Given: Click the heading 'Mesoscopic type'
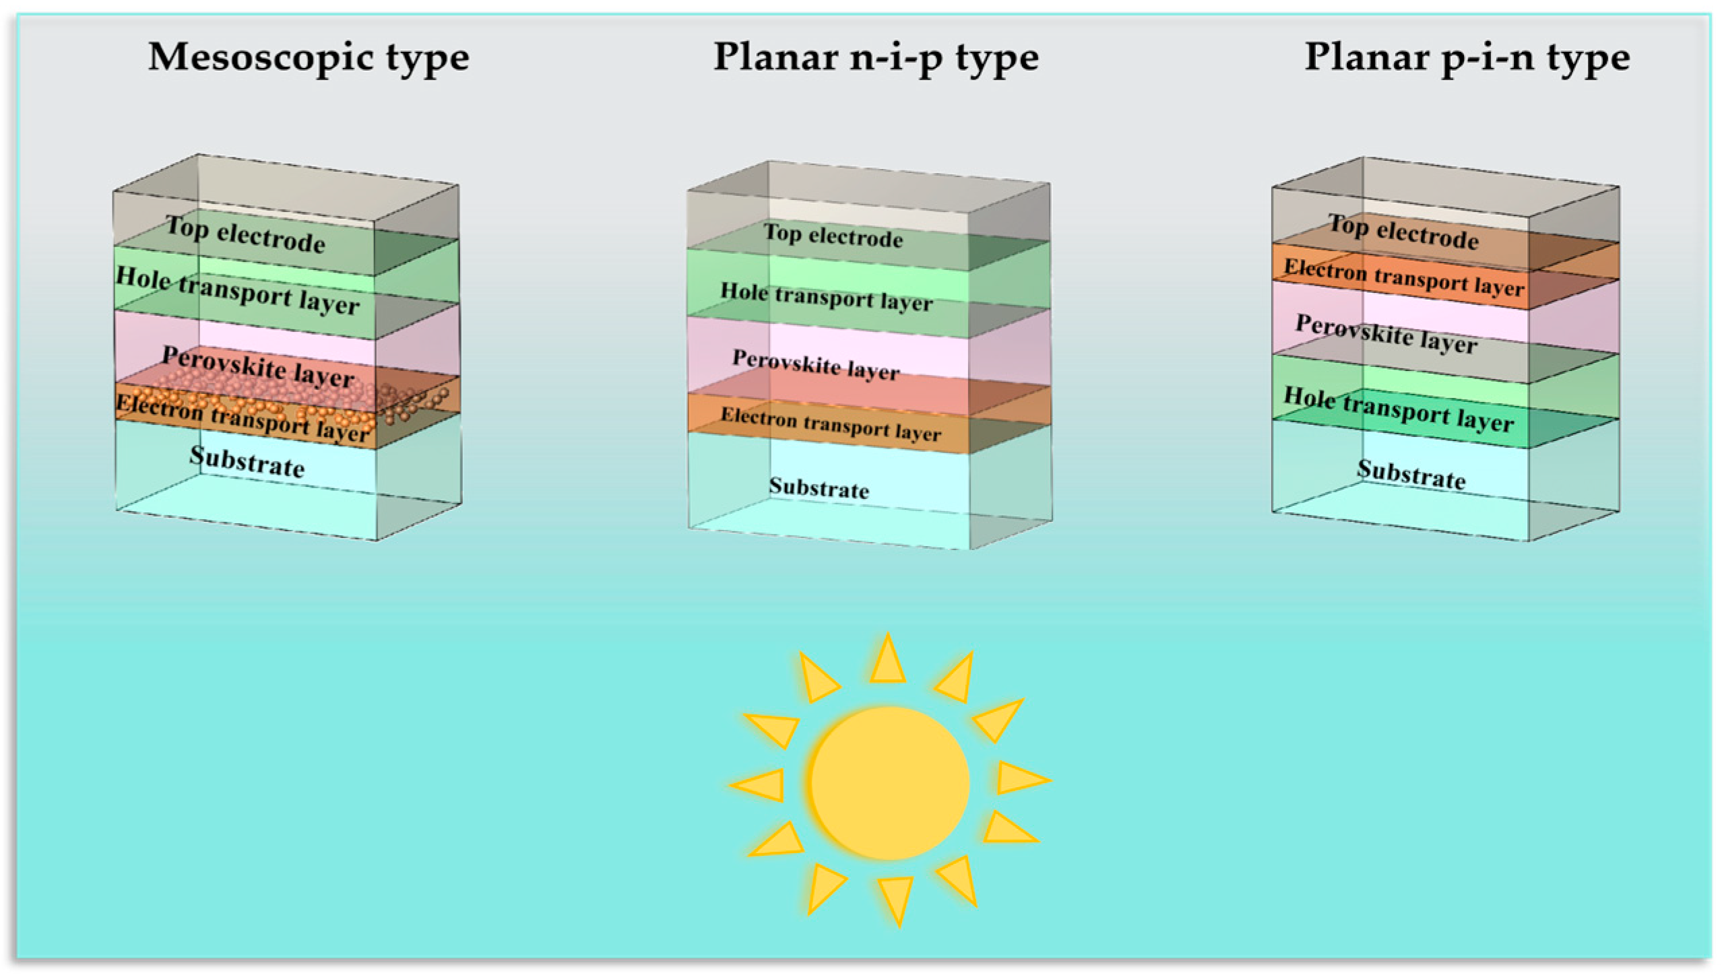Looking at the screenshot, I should click(x=309, y=59).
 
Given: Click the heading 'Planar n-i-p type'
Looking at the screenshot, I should click(x=876, y=59).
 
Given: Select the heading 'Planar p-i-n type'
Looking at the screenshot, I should click(x=1467, y=59).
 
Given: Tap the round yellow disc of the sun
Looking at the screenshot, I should click(x=889, y=783).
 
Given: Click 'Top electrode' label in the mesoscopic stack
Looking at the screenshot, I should click(x=246, y=235).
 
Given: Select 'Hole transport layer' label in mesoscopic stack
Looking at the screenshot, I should click(x=238, y=291).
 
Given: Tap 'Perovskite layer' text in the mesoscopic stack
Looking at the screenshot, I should click(x=258, y=367).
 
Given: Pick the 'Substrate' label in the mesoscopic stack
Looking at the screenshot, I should click(x=247, y=463).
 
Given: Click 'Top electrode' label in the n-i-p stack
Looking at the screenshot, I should click(x=833, y=236).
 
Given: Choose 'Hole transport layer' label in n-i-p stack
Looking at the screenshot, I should click(x=827, y=296).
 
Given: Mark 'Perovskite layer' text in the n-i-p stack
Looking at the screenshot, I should click(x=816, y=364).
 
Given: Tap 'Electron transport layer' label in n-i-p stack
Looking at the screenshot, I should click(x=831, y=424).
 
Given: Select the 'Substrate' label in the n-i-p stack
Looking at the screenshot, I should click(x=819, y=488).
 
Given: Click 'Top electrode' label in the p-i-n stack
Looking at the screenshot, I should click(x=1403, y=232).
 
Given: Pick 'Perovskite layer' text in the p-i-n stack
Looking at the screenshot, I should click(x=1386, y=334).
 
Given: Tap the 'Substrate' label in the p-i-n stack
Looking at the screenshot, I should click(x=1411, y=475).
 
